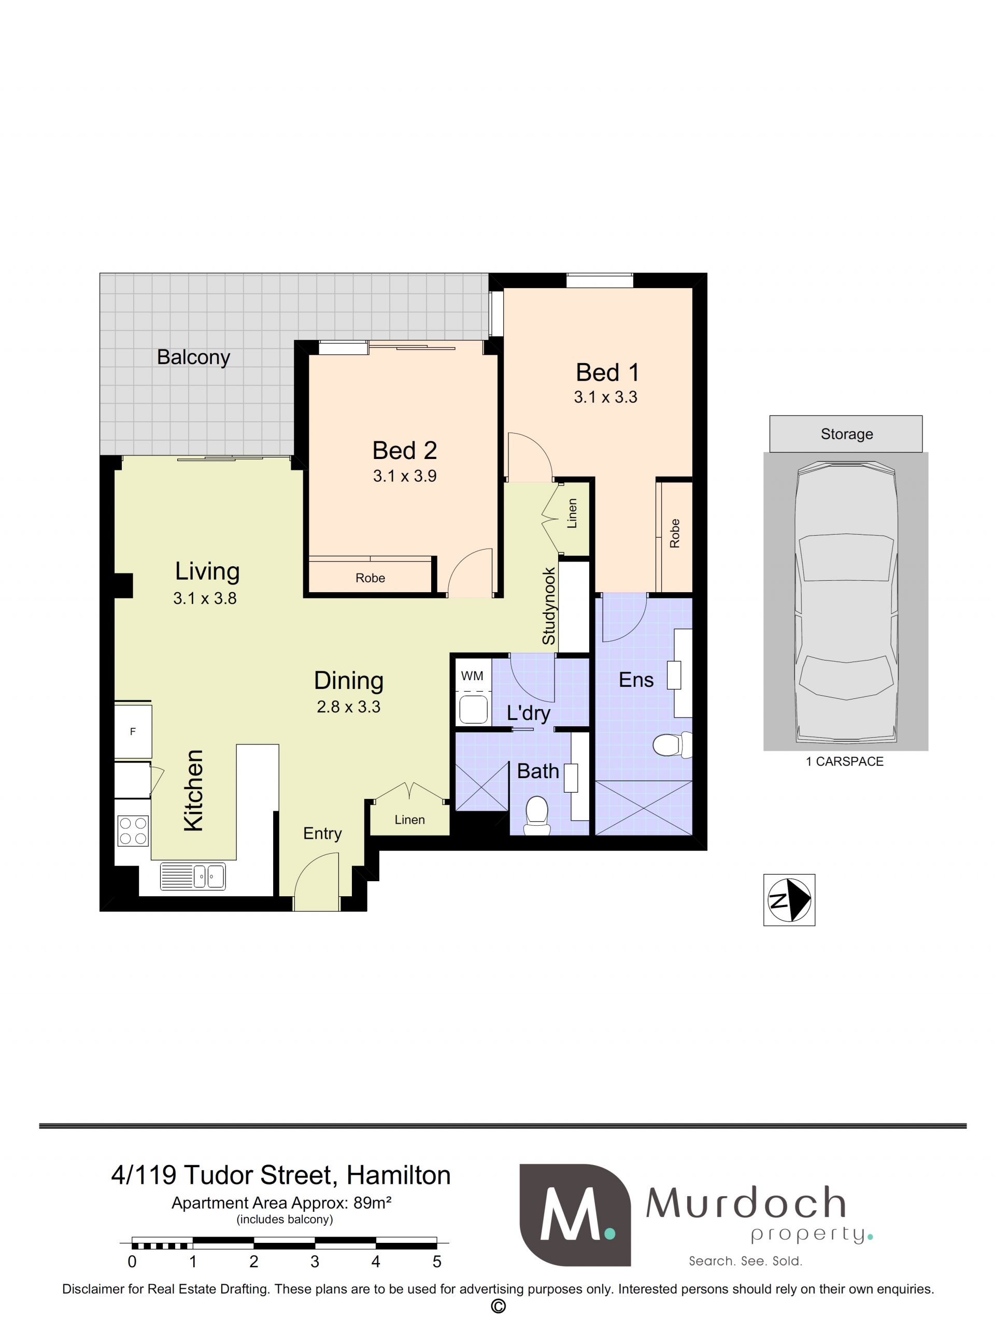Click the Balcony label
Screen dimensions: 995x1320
click(x=193, y=357)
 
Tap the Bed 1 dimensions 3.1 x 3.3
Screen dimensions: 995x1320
click(x=605, y=397)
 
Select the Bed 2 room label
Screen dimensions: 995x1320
click(x=404, y=450)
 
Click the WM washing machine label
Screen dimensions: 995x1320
click(x=472, y=676)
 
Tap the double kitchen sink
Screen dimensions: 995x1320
click(x=193, y=877)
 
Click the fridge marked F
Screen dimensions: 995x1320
click(x=133, y=731)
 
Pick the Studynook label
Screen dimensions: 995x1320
click(x=548, y=606)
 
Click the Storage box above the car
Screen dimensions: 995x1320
click(x=845, y=434)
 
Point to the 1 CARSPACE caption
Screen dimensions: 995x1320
click(x=844, y=762)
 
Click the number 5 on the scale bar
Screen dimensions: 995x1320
click(x=437, y=1261)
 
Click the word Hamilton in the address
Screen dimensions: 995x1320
click(x=398, y=1175)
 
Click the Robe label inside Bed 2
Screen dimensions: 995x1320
click(x=370, y=578)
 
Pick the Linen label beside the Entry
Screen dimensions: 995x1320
click(x=409, y=820)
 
